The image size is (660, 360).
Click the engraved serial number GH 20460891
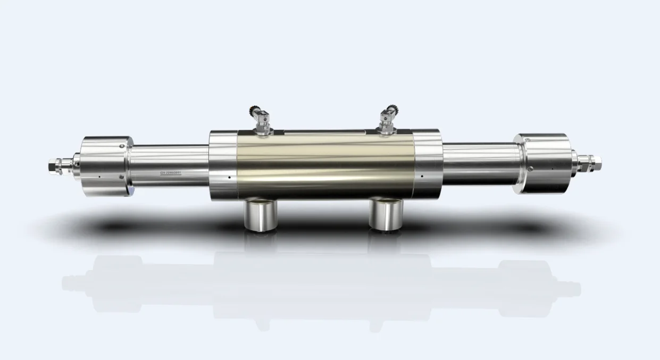click(174, 173)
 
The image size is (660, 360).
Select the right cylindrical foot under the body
click(387, 215)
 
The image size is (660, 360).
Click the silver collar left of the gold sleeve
click(222, 164)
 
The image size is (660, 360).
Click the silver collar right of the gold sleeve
click(427, 163)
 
